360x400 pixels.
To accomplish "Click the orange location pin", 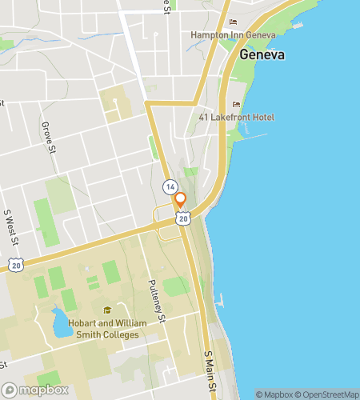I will [x=181, y=200].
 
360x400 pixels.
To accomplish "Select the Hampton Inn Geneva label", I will [x=233, y=35].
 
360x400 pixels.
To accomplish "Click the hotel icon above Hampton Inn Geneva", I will [x=233, y=22].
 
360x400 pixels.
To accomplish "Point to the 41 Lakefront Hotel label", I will [x=237, y=118].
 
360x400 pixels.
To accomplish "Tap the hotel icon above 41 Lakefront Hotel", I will [x=235, y=105].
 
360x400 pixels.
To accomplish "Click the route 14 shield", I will [x=170, y=186].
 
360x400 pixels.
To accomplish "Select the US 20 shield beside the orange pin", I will [x=183, y=218].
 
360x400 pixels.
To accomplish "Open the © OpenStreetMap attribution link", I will [x=329, y=394].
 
